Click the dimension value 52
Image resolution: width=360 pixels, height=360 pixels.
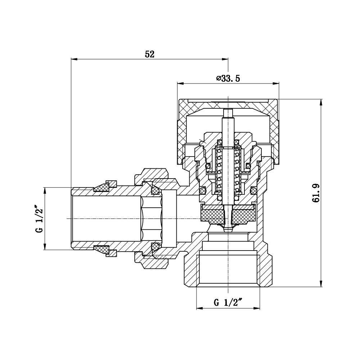[149, 54]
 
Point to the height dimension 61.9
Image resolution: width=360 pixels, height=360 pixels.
[316, 193]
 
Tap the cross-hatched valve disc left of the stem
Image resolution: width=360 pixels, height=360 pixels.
[212, 216]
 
